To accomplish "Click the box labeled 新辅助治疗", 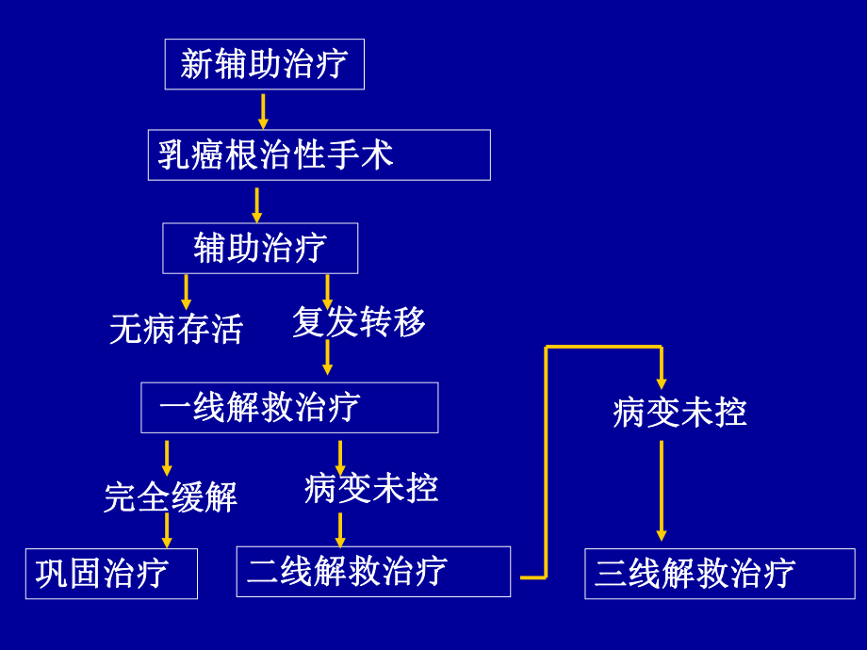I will pos(264,64).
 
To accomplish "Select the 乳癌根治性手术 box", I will pos(319,154).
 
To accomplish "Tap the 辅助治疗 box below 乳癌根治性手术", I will pos(260,248).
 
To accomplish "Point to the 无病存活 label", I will pos(176,329).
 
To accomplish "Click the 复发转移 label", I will pos(359,321).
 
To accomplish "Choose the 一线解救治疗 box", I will pos(289,407).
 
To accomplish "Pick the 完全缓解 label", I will pos(171,496).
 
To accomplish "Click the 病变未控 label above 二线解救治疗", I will pos(371,488).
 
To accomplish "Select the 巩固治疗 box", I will pos(111,573).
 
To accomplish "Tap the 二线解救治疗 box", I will pos(373,571).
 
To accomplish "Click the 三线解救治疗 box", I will pos(719,573).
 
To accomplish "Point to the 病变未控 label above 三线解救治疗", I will pos(679,412).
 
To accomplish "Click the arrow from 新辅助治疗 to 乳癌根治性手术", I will pos(263,110).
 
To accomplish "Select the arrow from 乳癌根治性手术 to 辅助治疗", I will pos(256,204).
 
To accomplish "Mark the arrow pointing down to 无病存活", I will pos(186,291).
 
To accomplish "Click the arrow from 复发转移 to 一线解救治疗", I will pos(327,358).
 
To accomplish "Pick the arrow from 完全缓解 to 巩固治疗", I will pos(167,530).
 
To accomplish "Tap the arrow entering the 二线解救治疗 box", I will pos(340,529).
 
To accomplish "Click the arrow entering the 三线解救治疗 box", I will pos(661,490).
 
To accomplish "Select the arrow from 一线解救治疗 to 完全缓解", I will pos(167,458).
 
